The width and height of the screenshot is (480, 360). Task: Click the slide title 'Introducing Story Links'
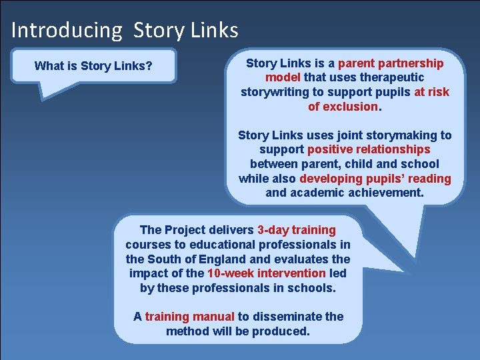point(125,30)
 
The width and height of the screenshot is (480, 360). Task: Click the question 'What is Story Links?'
point(93,65)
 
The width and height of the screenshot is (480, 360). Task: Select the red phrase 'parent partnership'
point(391,63)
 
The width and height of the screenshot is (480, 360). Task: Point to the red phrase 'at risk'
point(431,92)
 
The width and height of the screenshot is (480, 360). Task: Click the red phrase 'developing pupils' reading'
point(375,179)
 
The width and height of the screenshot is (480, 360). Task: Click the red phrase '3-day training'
point(297,230)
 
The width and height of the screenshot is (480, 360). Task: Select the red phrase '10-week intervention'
point(267,273)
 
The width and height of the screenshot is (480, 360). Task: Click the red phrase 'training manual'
point(190,317)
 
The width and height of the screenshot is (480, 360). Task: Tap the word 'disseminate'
point(289,317)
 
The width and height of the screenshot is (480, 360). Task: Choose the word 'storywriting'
point(277,92)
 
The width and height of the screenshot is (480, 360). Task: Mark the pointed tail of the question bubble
point(44,97)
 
